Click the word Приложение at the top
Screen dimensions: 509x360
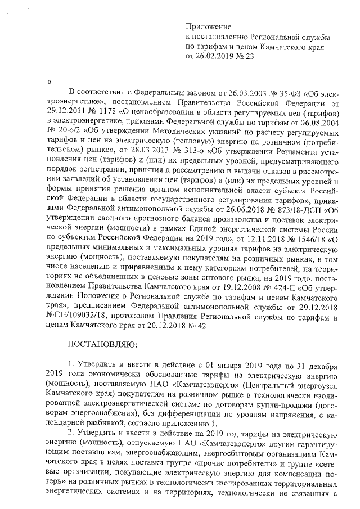pos(208,26)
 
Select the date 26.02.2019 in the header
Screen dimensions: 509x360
pos(215,57)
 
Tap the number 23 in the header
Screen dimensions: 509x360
pos(250,57)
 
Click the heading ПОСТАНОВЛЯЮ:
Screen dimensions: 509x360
pos(100,344)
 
